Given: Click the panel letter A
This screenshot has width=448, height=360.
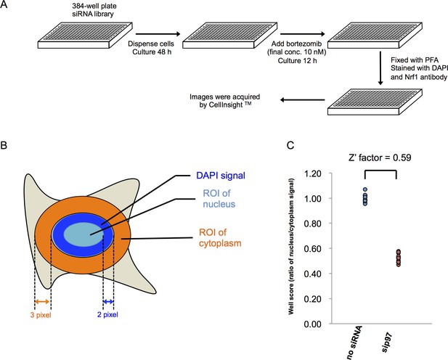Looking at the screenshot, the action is tap(4, 5).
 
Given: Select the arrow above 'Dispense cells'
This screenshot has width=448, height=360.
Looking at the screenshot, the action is tap(158, 34).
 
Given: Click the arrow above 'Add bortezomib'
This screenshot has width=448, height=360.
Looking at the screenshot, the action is tap(303, 34).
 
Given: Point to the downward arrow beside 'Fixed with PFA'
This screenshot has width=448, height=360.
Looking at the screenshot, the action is tap(380, 68).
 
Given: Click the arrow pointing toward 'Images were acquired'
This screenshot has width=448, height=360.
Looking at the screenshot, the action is tap(302, 100).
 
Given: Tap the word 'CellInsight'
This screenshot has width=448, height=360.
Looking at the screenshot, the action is tap(226, 105).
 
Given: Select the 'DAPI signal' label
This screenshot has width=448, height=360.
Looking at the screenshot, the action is tap(221, 175).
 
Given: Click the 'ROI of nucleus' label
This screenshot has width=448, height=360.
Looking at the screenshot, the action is tap(219, 199).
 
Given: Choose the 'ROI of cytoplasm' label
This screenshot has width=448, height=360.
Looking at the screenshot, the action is tap(220, 238).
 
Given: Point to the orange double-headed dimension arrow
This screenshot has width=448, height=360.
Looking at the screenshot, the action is tap(42, 302).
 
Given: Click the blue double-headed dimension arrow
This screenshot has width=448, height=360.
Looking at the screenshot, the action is tap(108, 302).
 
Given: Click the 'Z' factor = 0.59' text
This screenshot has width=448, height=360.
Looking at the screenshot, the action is tap(380, 157).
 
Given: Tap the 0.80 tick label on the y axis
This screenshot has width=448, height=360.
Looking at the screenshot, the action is tap(312, 224).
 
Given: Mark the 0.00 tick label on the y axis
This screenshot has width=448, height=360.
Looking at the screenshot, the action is tap(312, 324).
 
